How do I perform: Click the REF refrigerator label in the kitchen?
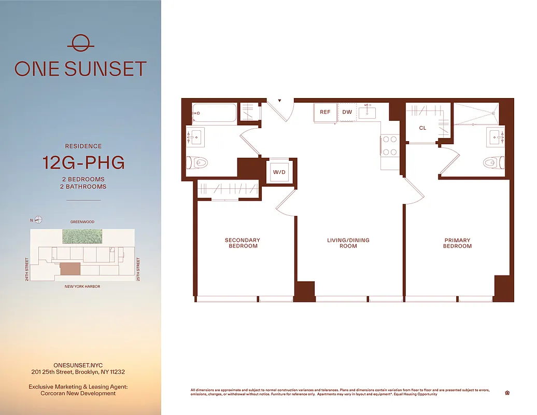coord(325,112)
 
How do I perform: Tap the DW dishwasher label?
coord(347,112)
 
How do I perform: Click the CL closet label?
coord(422,128)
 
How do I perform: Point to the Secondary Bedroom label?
coord(242,243)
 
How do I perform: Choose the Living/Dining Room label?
coord(348,243)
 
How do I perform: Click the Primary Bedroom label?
coord(457,243)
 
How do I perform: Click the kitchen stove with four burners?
coord(389,145)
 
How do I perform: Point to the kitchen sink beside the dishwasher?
coord(370,112)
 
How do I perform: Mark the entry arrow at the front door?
coord(279,101)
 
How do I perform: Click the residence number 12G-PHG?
coord(83,163)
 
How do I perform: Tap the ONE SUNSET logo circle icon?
coord(80,43)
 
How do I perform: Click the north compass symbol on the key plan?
coord(38,219)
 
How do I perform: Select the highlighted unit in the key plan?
coord(70,268)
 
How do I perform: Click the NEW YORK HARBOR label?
coord(82,286)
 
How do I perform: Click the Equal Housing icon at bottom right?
coord(507,393)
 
